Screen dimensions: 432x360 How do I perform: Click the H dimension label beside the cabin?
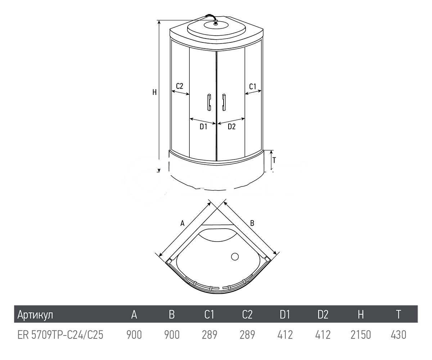[x=154, y=92]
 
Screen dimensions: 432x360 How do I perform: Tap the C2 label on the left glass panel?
[x=180, y=86]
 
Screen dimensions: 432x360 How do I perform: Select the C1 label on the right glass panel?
[x=253, y=86]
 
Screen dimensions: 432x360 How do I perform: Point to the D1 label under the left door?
[x=203, y=126]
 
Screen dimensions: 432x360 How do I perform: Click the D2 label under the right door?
[x=232, y=126]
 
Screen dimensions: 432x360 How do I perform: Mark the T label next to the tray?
[x=274, y=160]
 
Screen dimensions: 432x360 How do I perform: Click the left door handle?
[x=209, y=102]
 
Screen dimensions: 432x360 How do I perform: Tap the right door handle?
[x=224, y=102]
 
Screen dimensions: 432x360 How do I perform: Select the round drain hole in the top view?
[x=235, y=257]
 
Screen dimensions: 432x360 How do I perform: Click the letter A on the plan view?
[x=182, y=223]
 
